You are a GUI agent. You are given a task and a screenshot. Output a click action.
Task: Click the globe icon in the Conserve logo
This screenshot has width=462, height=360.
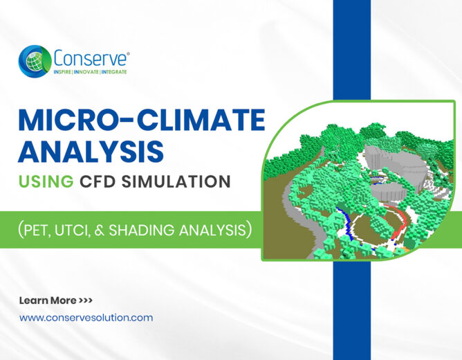[x=35, y=62]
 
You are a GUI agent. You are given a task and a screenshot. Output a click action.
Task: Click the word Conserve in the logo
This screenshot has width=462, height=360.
[x=91, y=58]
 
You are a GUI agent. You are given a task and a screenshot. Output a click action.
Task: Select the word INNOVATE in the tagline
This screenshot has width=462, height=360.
[x=86, y=72]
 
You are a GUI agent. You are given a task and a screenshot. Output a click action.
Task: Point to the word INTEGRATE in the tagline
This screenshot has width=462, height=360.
[x=114, y=72]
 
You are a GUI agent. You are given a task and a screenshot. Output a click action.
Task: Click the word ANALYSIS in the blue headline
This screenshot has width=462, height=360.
[x=91, y=152]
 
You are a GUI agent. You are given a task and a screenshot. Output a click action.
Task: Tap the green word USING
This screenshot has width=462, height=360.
[x=46, y=181]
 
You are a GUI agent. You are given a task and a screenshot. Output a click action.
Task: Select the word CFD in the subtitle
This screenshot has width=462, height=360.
[x=98, y=181]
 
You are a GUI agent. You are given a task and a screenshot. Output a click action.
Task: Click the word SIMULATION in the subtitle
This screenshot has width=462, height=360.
[x=176, y=181]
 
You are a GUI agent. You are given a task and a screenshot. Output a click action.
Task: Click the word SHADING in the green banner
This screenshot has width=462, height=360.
[x=141, y=230]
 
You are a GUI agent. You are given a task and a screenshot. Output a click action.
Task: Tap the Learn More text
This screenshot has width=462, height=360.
[x=48, y=300]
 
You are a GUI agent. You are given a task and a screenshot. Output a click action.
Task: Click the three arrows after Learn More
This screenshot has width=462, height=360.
[x=86, y=300]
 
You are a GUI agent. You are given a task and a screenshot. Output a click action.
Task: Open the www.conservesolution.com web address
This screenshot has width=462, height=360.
[x=86, y=318]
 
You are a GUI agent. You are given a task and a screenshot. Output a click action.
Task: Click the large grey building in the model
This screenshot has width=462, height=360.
[x=395, y=164]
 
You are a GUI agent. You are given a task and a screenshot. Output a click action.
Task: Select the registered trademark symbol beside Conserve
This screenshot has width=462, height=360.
[x=127, y=54]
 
